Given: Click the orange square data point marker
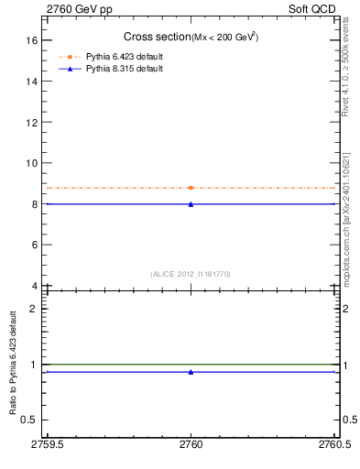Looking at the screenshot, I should coord(191,188).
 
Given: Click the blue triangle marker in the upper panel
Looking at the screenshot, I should coord(191,204).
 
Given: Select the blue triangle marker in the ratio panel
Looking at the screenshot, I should coord(191,372).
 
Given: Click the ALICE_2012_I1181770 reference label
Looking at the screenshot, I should coord(191,274).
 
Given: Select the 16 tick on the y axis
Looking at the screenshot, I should coord(30,40).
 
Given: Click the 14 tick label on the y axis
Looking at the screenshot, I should coord(30,82).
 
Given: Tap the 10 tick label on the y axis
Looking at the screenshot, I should coord(30,163).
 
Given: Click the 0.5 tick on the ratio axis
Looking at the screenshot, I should coord(28,420).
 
